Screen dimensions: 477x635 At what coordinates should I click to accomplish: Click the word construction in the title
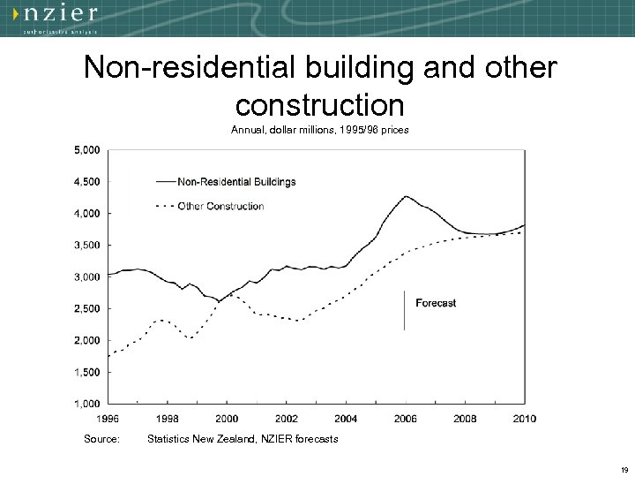click(x=320, y=105)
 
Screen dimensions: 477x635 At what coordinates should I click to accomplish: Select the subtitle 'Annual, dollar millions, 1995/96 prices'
click(x=320, y=130)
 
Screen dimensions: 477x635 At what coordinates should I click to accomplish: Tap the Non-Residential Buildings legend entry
click(x=236, y=182)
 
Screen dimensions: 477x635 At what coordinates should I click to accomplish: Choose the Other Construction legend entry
click(x=220, y=207)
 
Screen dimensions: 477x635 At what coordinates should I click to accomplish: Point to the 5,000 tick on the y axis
click(x=86, y=150)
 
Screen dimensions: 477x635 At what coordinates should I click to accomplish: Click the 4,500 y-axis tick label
click(x=86, y=182)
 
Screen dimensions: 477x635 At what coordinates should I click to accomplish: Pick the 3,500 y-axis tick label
click(x=86, y=246)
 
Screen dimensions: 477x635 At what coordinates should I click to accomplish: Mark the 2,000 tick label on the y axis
click(x=86, y=341)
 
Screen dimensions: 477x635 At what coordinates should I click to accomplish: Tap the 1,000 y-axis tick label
click(x=86, y=404)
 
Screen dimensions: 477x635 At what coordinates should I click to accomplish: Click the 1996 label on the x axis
click(x=108, y=418)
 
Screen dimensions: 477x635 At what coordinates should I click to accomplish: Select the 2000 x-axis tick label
click(x=227, y=418)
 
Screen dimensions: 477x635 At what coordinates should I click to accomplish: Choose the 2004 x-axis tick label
click(x=346, y=418)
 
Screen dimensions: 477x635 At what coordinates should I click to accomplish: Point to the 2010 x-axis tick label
click(x=525, y=418)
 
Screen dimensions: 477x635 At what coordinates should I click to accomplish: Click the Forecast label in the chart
click(x=436, y=303)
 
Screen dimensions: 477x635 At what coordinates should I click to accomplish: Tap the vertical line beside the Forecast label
click(x=404, y=309)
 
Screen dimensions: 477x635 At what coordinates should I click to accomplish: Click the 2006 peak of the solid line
click(x=406, y=196)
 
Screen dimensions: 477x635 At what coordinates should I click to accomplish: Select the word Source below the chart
click(x=101, y=439)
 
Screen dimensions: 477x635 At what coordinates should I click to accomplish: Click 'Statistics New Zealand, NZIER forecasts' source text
click(x=243, y=439)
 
